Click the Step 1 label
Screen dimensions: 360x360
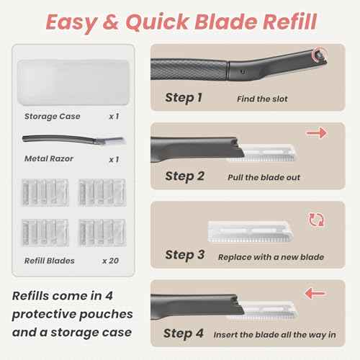click(184, 97)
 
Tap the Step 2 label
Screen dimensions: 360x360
click(184, 176)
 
